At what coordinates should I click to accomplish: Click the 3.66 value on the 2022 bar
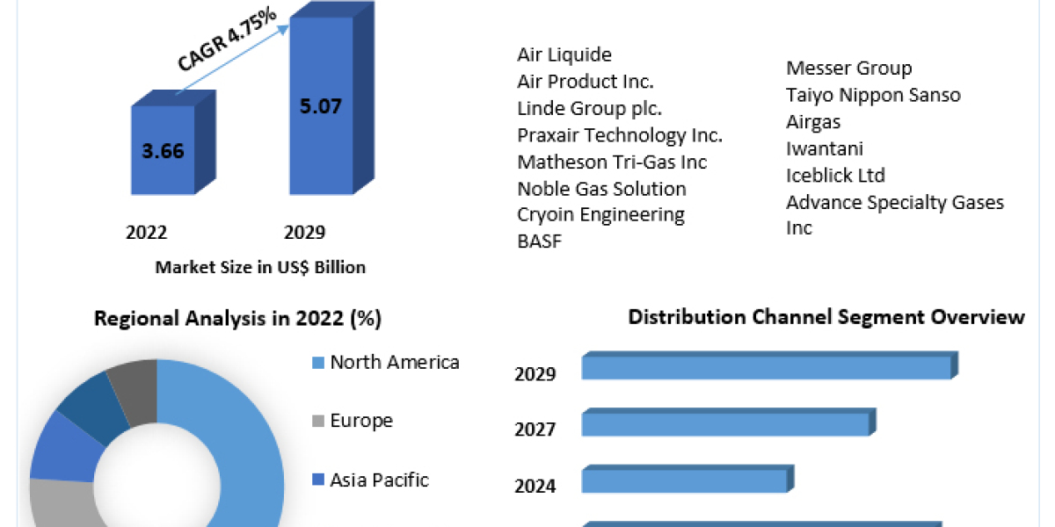(163, 150)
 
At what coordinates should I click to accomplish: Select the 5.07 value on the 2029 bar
(319, 106)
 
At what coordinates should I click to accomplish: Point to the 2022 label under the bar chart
(147, 233)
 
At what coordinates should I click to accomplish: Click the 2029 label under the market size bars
(304, 233)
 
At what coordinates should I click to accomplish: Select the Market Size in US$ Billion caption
(260, 267)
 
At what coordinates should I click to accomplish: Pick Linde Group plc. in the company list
(589, 109)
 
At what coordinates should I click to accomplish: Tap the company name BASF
(539, 242)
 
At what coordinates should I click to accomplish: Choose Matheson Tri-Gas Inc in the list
(612, 162)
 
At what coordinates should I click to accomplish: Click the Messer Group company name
(848, 68)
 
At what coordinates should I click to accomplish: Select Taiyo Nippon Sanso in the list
(873, 95)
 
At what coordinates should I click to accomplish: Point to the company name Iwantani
(825, 148)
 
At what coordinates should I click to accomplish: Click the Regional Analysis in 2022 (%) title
(237, 319)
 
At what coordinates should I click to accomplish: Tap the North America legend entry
(394, 362)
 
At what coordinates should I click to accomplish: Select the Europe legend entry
(360, 421)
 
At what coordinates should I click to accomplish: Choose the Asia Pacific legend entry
(379, 480)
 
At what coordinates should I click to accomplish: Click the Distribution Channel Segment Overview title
(826, 317)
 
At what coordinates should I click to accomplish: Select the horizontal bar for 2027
(726, 424)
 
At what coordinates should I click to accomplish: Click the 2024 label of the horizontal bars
(535, 486)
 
